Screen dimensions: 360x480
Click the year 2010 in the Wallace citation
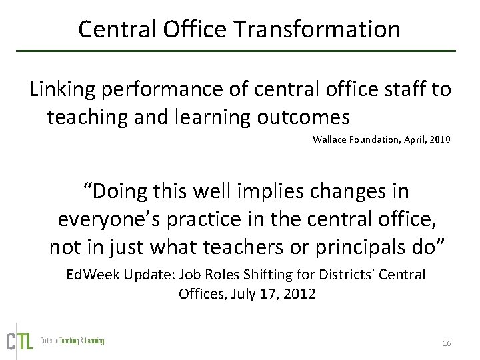point(439,139)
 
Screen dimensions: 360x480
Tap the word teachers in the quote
point(229,247)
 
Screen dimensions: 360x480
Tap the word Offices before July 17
point(202,293)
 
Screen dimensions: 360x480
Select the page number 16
point(447,343)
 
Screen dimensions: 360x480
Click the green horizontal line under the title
point(239,51)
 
